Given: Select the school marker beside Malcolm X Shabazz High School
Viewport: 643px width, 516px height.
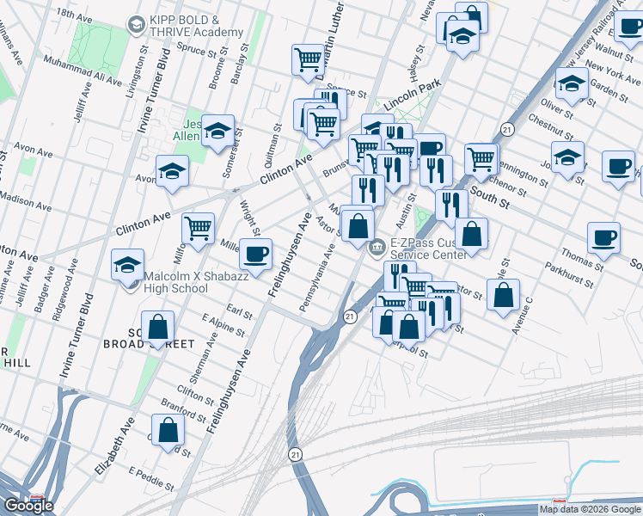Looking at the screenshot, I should point(127,264).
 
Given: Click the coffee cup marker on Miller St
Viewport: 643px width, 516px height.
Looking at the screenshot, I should point(256,254).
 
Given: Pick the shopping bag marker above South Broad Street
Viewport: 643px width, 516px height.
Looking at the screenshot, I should point(157,327).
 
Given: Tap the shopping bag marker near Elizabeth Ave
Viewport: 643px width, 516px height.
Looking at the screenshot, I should point(168,430).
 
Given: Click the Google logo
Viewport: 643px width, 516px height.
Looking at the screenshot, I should point(28,506).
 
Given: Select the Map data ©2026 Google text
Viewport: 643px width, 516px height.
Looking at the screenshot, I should point(589,509).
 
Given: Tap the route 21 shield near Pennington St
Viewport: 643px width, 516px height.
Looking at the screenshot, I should point(508,129).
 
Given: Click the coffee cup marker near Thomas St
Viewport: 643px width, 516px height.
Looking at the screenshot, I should point(603,237).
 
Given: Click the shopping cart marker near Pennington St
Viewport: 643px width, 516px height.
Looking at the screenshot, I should point(481,157).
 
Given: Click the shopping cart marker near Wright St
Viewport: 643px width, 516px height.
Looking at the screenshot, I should point(198,229).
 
